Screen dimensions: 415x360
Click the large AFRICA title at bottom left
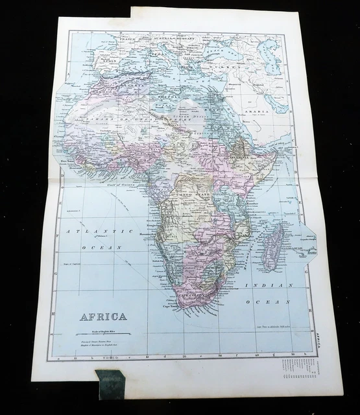pyautogui.click(x=103, y=317)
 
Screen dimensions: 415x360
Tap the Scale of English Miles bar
pyautogui.click(x=103, y=333)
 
